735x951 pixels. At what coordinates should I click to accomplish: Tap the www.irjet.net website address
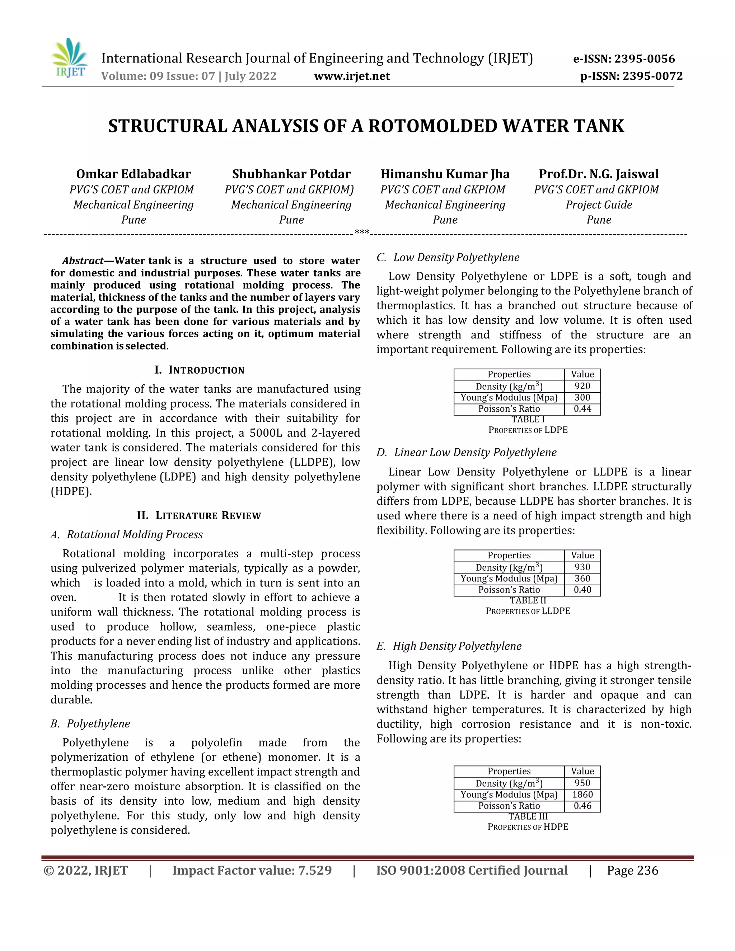(352, 76)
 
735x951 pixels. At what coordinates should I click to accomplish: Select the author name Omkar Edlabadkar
(133, 174)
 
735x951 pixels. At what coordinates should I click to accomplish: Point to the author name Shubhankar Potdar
(291, 174)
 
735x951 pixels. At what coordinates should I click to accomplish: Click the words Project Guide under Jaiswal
(599, 205)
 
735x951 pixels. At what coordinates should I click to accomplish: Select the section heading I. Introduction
(200, 370)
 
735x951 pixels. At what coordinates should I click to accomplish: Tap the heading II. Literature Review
(199, 516)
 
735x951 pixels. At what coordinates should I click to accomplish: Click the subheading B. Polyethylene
(90, 724)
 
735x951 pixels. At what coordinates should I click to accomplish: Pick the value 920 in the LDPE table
(582, 386)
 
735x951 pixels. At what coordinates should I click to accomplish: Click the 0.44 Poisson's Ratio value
(582, 409)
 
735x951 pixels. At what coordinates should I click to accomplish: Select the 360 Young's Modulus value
(582, 579)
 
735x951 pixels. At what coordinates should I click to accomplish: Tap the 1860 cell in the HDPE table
(582, 795)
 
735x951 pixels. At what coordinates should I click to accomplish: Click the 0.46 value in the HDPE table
(582, 806)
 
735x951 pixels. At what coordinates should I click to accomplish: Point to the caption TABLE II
(528, 600)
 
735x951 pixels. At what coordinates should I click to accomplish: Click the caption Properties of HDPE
(528, 827)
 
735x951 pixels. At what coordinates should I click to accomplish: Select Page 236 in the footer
(632, 871)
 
